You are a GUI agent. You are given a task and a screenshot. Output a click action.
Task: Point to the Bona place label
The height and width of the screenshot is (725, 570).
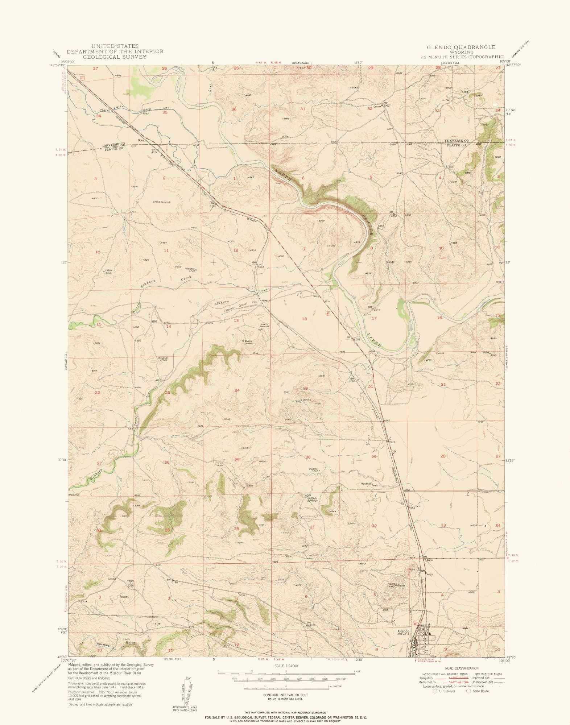click(141, 140)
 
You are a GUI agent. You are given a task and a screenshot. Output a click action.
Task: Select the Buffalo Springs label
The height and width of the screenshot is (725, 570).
click(312, 499)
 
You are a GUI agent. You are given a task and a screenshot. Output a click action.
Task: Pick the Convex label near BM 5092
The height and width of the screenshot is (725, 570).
click(377, 107)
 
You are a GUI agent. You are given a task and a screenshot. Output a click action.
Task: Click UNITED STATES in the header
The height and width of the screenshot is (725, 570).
click(115, 46)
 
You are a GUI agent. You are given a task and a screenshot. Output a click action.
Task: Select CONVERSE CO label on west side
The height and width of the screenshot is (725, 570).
click(113, 144)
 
